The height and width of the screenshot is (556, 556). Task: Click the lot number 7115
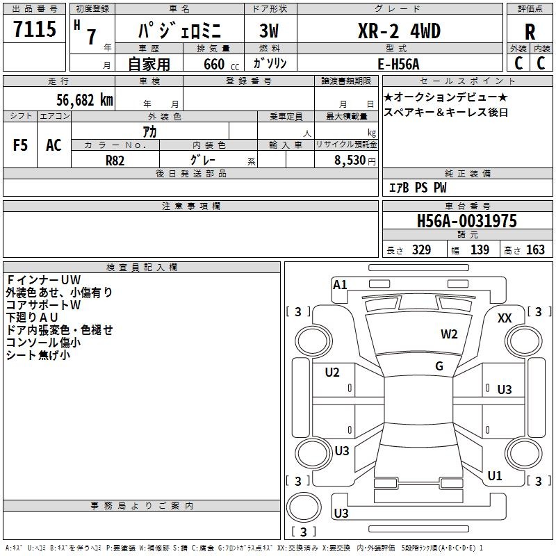(35, 29)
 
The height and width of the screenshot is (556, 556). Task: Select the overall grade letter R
(530, 32)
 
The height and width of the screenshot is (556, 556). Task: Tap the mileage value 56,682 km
(85, 100)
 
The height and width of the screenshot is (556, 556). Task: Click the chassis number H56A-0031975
(467, 221)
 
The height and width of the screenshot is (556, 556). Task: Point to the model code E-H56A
(398, 64)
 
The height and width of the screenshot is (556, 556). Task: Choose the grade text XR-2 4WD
(399, 31)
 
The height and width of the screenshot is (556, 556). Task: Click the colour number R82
(115, 161)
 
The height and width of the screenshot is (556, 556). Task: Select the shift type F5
(20, 145)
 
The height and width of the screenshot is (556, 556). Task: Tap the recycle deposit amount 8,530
(350, 161)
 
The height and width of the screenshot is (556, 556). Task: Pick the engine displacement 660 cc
(221, 65)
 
